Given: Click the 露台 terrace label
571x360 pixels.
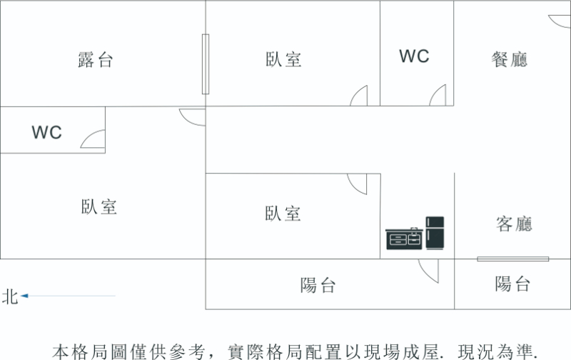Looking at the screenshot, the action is tap(96, 60).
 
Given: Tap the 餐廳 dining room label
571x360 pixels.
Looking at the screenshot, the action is tap(509, 59).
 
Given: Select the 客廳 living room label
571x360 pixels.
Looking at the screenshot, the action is tap(514, 224).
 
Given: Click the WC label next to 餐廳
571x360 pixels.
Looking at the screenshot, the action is tap(414, 56).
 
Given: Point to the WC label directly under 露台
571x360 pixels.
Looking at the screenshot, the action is tap(46, 132).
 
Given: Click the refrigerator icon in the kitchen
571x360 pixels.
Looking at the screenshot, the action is tap(435, 233).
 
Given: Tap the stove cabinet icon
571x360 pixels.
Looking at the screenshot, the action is tap(404, 239).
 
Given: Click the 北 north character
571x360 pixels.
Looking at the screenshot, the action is tap(10, 296).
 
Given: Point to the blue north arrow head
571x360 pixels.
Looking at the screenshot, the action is tap(24, 296).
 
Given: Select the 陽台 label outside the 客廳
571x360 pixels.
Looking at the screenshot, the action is tap(512, 284).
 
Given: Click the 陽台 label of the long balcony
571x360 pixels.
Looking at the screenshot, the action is tap(318, 285).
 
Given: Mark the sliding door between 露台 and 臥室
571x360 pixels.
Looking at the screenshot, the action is tap(206, 64).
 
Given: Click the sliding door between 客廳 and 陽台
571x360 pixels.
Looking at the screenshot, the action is tap(512, 259).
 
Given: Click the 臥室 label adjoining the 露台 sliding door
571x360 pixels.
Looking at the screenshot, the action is tap(283, 59).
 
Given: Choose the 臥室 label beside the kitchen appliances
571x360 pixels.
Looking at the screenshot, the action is tap(283, 214).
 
